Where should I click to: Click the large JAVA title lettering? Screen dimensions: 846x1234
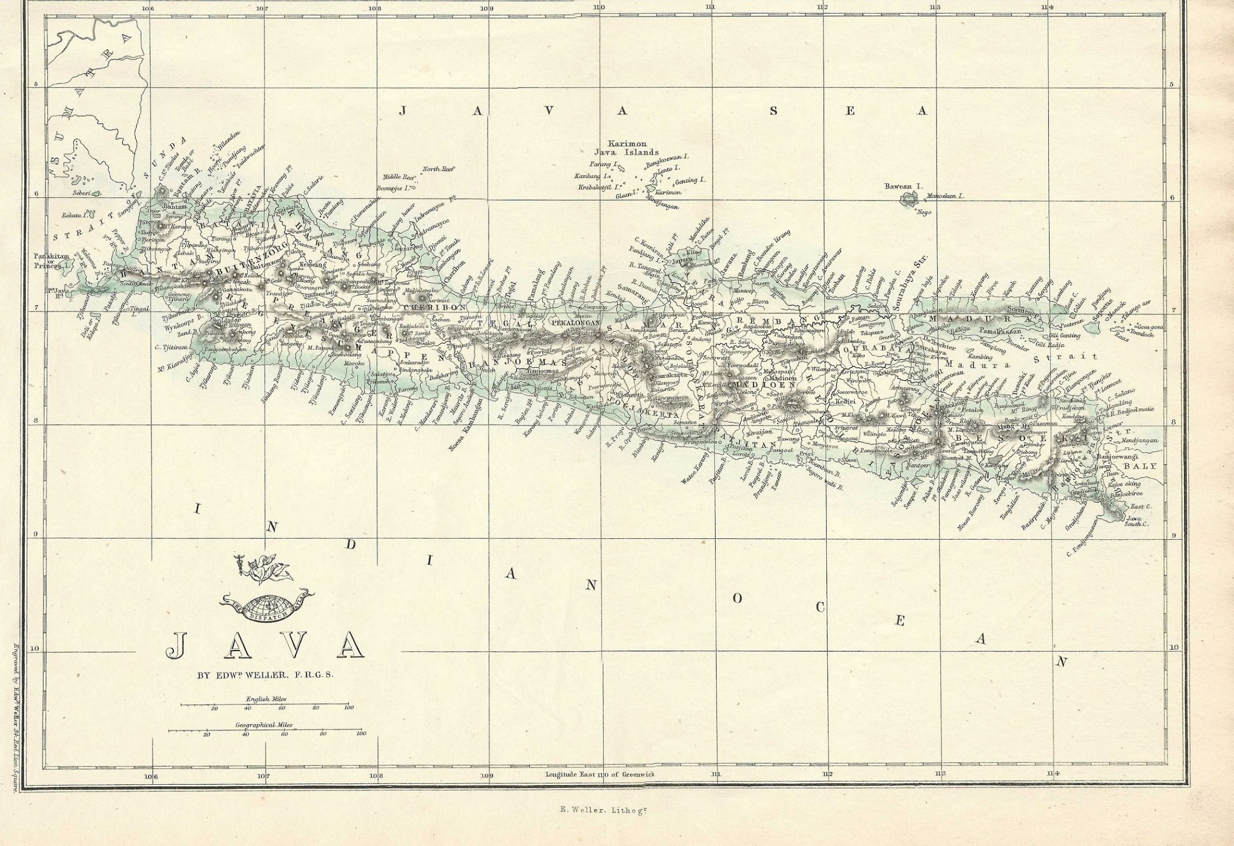(x=265, y=646)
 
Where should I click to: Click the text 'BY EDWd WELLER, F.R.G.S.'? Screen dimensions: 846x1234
(x=265, y=676)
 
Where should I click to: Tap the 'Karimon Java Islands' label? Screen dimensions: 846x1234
(x=626, y=148)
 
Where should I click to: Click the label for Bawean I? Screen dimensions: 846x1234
(x=904, y=186)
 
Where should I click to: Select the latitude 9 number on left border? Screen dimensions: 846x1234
(x=37, y=534)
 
